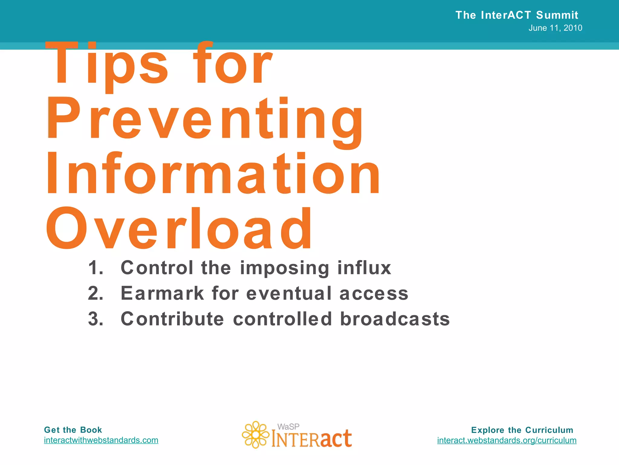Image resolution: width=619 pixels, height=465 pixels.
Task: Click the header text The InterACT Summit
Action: pyautogui.click(x=517, y=15)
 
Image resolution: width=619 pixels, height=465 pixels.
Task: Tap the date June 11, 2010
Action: pyautogui.click(x=555, y=28)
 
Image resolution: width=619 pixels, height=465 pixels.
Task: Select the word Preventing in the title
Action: pyautogui.click(x=204, y=120)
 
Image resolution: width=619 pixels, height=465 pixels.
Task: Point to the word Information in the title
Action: pyautogui.click(x=213, y=174)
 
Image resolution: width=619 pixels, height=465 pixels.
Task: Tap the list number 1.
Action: pyautogui.click(x=96, y=268)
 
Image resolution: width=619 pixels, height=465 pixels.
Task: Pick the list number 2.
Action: pyautogui.click(x=96, y=293)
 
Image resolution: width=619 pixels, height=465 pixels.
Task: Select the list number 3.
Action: pyautogui.click(x=96, y=319)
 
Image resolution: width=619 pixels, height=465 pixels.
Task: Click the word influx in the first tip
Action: pyautogui.click(x=364, y=268)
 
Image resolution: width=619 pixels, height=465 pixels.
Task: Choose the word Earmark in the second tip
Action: pyautogui.click(x=162, y=293)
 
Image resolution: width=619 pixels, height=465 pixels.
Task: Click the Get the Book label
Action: pyautogui.click(x=73, y=430)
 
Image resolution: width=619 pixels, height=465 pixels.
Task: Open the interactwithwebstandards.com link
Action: pyautogui.click(x=101, y=440)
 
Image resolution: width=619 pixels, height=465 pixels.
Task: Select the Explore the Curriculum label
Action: pyautogui.click(x=522, y=430)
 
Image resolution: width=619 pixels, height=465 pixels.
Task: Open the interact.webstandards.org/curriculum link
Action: pyautogui.click(x=507, y=440)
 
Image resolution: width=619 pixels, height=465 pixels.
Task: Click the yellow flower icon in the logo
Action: pyautogui.click(x=255, y=435)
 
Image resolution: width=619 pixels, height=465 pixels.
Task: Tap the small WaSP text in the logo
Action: pyautogui.click(x=288, y=427)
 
